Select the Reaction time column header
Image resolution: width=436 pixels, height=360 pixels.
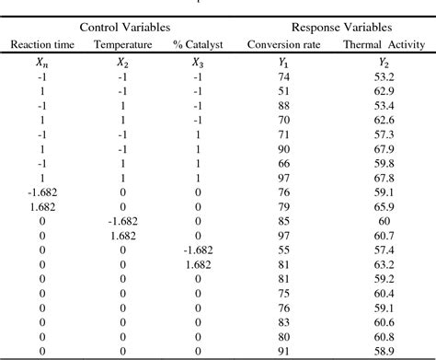40,45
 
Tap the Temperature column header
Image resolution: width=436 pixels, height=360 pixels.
122,45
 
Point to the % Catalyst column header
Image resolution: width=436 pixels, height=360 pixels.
197,45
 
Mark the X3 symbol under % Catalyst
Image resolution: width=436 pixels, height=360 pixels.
197,63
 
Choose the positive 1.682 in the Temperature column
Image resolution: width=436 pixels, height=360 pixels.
122,234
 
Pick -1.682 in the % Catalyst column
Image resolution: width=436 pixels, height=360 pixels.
197,249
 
